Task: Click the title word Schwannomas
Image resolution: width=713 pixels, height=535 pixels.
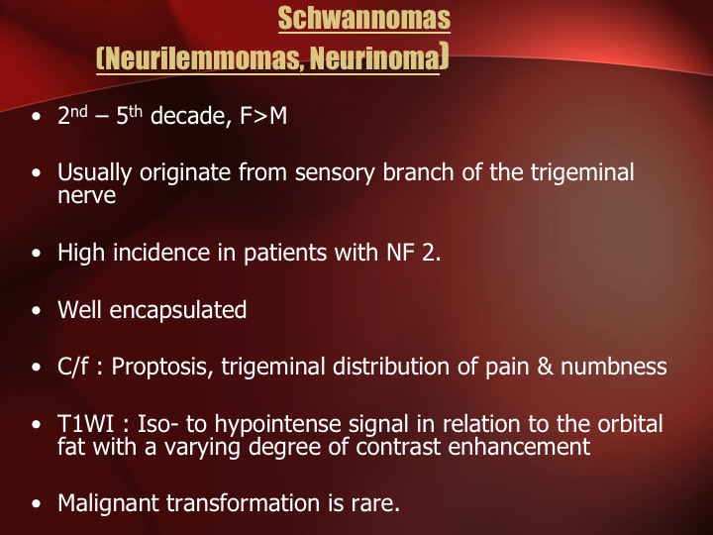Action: click(x=363, y=18)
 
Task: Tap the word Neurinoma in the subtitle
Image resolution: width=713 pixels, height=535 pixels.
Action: click(x=374, y=57)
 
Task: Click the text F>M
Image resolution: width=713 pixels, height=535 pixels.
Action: click(x=263, y=116)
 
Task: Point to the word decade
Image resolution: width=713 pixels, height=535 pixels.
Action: click(x=188, y=116)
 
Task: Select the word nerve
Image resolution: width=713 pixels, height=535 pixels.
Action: click(x=86, y=195)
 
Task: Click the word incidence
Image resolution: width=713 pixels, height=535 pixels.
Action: click(x=161, y=253)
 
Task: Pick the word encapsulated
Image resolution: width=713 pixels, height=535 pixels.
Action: click(x=178, y=310)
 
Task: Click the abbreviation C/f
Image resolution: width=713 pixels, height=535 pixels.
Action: click(x=72, y=367)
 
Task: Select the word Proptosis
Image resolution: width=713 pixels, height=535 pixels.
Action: click(x=162, y=368)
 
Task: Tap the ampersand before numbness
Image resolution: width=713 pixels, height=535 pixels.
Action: click(x=545, y=367)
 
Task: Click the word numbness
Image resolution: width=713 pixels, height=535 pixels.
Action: click(x=614, y=367)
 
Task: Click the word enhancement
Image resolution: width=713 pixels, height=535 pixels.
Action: click(x=519, y=447)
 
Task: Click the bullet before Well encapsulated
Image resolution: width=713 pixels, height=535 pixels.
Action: click(x=37, y=311)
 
